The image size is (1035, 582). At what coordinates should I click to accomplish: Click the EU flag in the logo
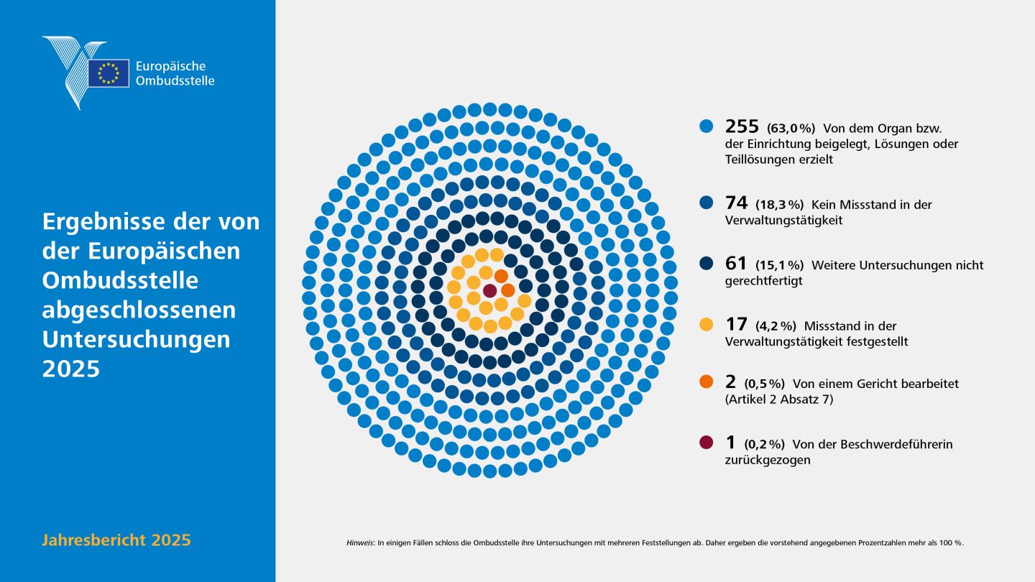pyautogui.click(x=109, y=73)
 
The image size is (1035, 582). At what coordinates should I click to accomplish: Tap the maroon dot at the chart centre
pyautogui.click(x=489, y=291)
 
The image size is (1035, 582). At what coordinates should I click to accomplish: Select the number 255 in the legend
pyautogui.click(x=742, y=126)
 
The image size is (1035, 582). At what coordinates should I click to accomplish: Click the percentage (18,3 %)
pyautogui.click(x=779, y=204)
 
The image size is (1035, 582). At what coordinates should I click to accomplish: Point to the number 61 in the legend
pyautogui.click(x=735, y=263)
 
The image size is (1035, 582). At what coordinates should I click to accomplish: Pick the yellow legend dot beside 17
pyautogui.click(x=706, y=324)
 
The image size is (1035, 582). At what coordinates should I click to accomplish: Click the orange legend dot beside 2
pyautogui.click(x=706, y=382)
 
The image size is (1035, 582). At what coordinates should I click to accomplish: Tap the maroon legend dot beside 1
pyautogui.click(x=706, y=442)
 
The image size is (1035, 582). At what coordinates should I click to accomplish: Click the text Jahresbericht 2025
pyautogui.click(x=116, y=540)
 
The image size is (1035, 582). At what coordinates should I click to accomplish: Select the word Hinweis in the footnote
pyautogui.click(x=359, y=542)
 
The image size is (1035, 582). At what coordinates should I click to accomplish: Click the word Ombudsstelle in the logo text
pyautogui.click(x=175, y=80)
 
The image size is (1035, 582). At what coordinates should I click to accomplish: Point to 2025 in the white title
pyautogui.click(x=71, y=369)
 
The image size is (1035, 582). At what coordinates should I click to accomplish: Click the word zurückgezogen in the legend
pyautogui.click(x=768, y=460)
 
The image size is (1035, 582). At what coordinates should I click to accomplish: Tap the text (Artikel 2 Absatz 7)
pyautogui.click(x=779, y=399)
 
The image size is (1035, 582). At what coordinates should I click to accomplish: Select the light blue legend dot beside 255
pyautogui.click(x=706, y=126)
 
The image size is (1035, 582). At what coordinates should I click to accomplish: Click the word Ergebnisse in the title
pyautogui.click(x=103, y=222)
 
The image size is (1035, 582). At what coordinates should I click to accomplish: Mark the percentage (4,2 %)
pyautogui.click(x=776, y=326)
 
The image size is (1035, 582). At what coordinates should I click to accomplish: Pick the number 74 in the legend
pyautogui.click(x=736, y=203)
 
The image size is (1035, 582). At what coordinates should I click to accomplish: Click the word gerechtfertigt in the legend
pyautogui.click(x=763, y=281)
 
